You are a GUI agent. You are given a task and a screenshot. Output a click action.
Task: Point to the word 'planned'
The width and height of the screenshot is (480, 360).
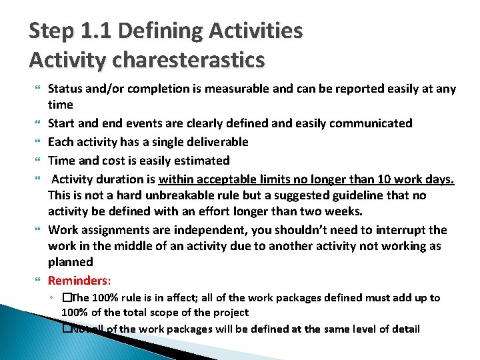click(x=70, y=263)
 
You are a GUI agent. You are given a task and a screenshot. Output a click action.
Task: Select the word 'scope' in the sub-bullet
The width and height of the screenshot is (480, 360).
click(x=177, y=312)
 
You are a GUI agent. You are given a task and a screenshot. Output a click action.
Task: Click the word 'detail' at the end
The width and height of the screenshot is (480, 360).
click(x=404, y=329)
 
